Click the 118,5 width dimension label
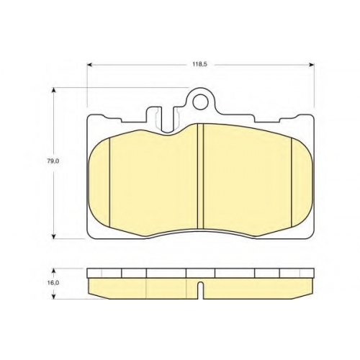198,64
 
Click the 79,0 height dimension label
53,161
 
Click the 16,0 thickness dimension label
53,283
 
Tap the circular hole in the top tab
200,102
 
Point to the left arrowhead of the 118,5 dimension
90,64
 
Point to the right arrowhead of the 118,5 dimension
311,64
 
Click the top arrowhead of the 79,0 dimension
54,90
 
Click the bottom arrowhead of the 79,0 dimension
54,236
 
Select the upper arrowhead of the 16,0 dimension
54,271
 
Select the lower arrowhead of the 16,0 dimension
54,296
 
